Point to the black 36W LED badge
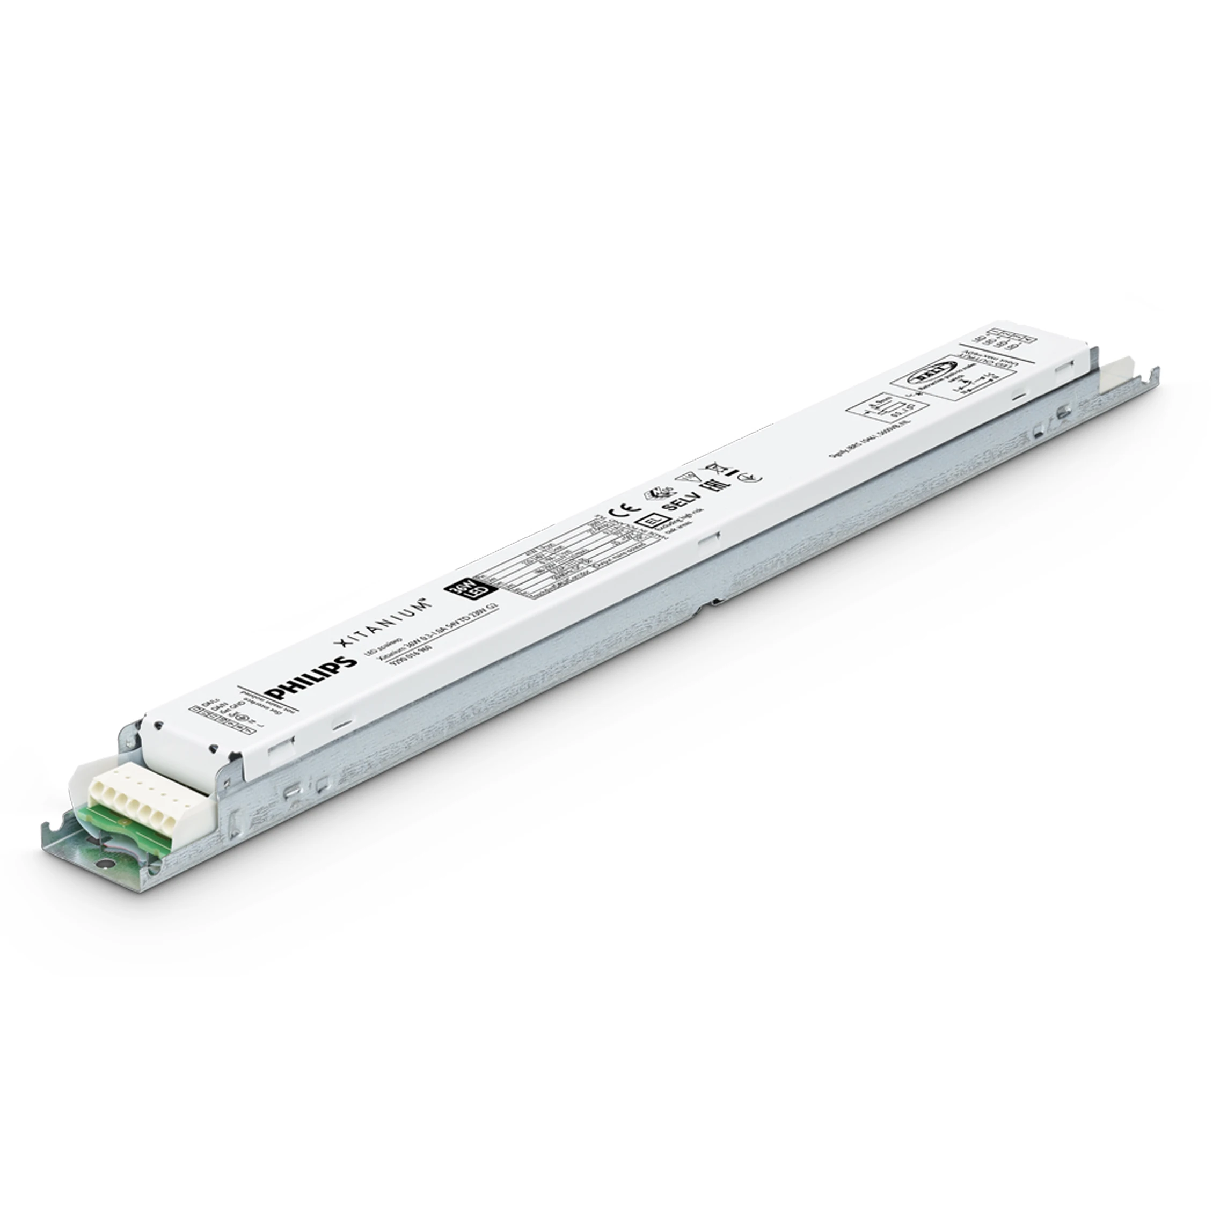[x=457, y=591]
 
